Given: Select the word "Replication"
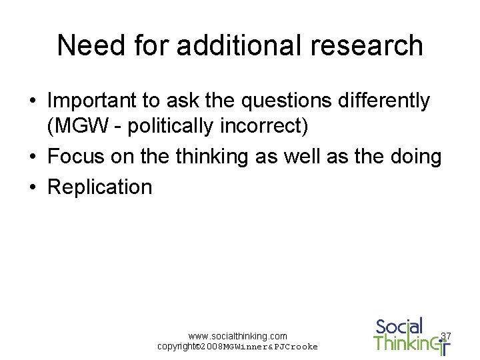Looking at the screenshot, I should (100, 187).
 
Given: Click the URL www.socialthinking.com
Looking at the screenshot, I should (237, 336).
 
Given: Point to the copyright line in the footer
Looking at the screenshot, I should (237, 347).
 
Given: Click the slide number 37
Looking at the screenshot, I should (446, 335).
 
